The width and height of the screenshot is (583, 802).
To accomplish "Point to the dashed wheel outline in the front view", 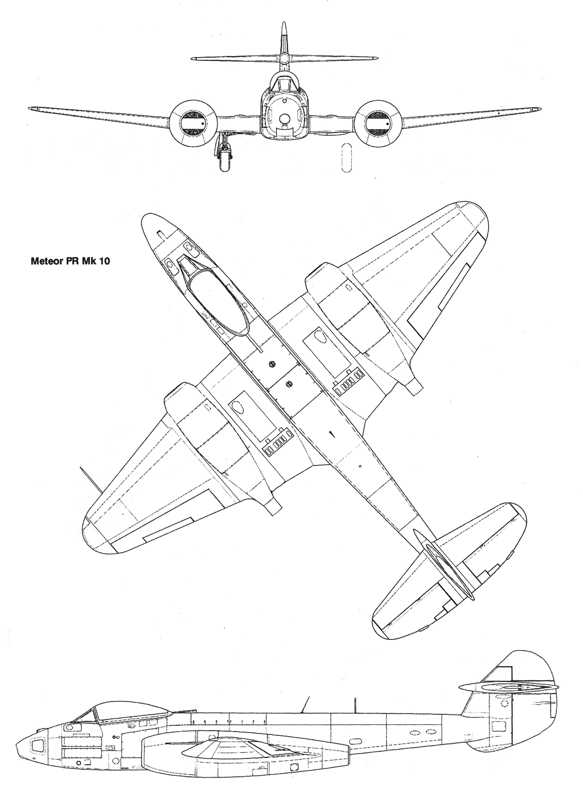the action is click(x=346, y=158).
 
